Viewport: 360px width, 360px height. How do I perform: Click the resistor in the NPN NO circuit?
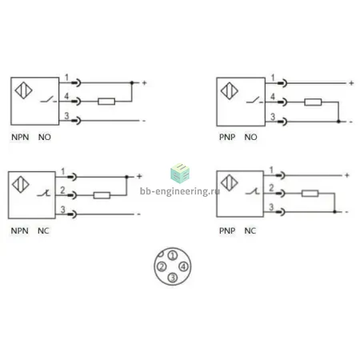(x=106, y=102)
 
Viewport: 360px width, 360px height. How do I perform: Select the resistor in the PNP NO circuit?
(x=313, y=102)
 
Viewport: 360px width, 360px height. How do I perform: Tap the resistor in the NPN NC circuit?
(x=102, y=195)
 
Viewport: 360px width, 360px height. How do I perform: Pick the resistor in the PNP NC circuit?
(x=310, y=194)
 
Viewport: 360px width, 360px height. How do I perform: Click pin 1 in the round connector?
(x=173, y=255)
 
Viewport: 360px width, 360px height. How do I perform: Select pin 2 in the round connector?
(x=162, y=266)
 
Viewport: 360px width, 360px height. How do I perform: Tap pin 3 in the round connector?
(x=173, y=278)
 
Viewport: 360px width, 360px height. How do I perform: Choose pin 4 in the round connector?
(x=183, y=266)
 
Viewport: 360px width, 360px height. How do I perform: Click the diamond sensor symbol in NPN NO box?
(x=23, y=90)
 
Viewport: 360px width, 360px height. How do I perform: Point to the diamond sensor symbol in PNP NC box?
(x=230, y=183)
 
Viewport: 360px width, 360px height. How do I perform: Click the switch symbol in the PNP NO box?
(x=254, y=101)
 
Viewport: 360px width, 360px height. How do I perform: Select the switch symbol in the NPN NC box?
(x=44, y=194)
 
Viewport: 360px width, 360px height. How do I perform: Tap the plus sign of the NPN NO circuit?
(x=144, y=83)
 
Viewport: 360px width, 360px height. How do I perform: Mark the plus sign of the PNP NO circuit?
(x=351, y=83)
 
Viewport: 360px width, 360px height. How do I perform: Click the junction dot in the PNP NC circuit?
(x=334, y=212)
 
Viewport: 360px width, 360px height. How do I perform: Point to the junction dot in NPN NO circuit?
(x=132, y=83)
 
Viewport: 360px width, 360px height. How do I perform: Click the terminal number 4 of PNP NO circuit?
(x=273, y=96)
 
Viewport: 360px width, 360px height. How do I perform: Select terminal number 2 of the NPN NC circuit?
(x=62, y=190)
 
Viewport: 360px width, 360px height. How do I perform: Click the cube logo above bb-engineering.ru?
(x=180, y=173)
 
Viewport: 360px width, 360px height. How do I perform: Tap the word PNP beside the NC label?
(x=227, y=230)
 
